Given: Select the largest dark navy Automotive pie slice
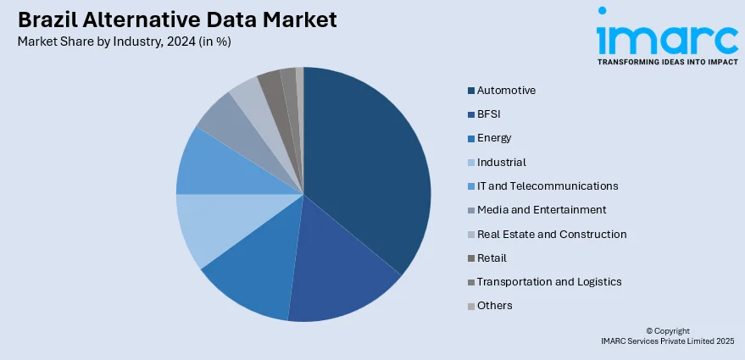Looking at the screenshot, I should [x=369, y=161].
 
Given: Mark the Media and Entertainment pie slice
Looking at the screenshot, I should [x=222, y=121].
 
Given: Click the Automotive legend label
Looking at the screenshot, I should [x=506, y=90].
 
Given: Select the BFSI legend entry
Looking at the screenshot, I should [x=490, y=114].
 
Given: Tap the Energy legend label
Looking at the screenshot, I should [x=494, y=137].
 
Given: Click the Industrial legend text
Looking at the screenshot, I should [x=501, y=162].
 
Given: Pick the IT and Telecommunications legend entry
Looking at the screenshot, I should [x=547, y=186].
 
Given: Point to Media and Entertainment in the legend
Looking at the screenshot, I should [x=542, y=209].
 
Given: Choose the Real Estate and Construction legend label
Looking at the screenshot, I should [x=552, y=234].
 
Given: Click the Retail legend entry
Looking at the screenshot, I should [x=492, y=258].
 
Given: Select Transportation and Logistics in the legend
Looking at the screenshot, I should [x=549, y=281].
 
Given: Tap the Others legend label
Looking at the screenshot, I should [x=494, y=305].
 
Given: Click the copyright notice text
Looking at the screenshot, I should [x=667, y=336].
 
